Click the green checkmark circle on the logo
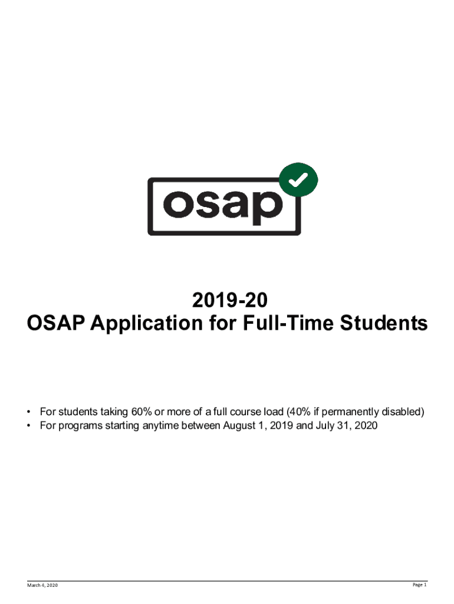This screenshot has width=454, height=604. click(x=298, y=180)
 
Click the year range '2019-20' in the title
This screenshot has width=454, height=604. click(x=230, y=300)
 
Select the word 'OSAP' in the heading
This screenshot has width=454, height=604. click(x=55, y=323)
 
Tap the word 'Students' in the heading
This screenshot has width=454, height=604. click(x=383, y=323)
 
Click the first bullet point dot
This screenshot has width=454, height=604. click(x=28, y=412)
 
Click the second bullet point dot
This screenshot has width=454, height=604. click(x=28, y=426)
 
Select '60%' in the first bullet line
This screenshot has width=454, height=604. click(x=142, y=412)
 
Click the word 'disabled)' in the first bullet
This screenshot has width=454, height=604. click(x=403, y=412)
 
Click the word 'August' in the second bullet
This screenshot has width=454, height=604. click(x=239, y=426)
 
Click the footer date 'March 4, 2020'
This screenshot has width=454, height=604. click(x=42, y=585)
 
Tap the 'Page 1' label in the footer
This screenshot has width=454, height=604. click(x=420, y=585)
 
